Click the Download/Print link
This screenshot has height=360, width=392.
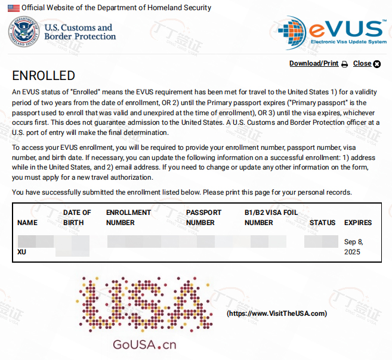313,63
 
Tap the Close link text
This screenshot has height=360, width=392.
362,63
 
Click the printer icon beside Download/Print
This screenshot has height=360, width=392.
344,64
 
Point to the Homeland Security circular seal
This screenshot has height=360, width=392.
23,32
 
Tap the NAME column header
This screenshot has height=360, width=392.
27,223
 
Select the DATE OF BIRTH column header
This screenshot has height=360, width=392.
77,217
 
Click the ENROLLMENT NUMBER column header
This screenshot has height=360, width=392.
128,217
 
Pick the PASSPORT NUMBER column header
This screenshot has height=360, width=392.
203,217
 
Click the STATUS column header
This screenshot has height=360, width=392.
322,223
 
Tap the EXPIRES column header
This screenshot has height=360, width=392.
358,223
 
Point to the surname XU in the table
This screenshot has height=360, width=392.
22,252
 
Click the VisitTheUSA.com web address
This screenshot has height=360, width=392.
277,313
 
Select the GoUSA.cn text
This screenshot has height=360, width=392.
144,345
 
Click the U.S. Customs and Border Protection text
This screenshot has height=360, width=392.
80,32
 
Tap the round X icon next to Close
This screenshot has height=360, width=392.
376,64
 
